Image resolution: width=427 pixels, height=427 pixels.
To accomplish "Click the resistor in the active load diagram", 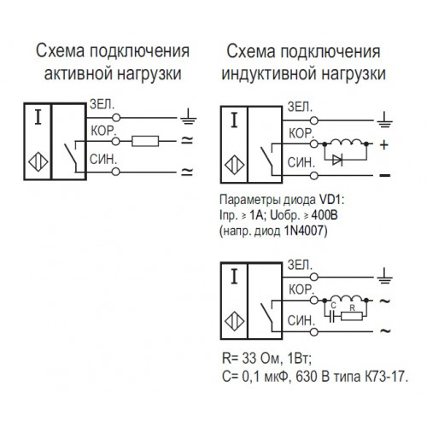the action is tap(145, 141).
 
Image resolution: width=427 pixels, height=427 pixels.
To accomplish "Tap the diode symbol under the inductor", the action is tap(337, 161).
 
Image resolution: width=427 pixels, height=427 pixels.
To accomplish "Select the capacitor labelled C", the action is tap(331, 316).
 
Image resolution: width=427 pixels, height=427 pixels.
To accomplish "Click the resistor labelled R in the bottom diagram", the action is tap(352, 316).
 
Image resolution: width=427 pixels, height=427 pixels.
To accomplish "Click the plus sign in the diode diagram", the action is tap(384, 145).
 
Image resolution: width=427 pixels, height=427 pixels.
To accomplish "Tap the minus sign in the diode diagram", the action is tap(385, 175).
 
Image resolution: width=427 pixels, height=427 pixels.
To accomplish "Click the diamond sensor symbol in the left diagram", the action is tap(38, 162).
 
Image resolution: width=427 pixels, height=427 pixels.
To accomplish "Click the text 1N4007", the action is tap(306, 231).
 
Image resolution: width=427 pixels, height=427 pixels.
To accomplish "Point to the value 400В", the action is tap(325, 215).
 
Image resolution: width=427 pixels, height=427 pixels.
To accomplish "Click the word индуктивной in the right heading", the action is tap(268, 73).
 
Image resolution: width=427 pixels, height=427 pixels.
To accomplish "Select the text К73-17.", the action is tap(386, 377).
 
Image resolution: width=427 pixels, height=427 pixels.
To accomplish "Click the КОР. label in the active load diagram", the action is tap(103, 131).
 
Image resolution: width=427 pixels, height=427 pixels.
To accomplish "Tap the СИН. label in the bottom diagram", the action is tap(301, 321).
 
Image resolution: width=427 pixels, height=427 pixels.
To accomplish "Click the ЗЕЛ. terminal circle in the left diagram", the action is tap(116, 118).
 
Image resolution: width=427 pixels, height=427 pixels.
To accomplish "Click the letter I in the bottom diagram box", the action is tap(234, 277).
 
